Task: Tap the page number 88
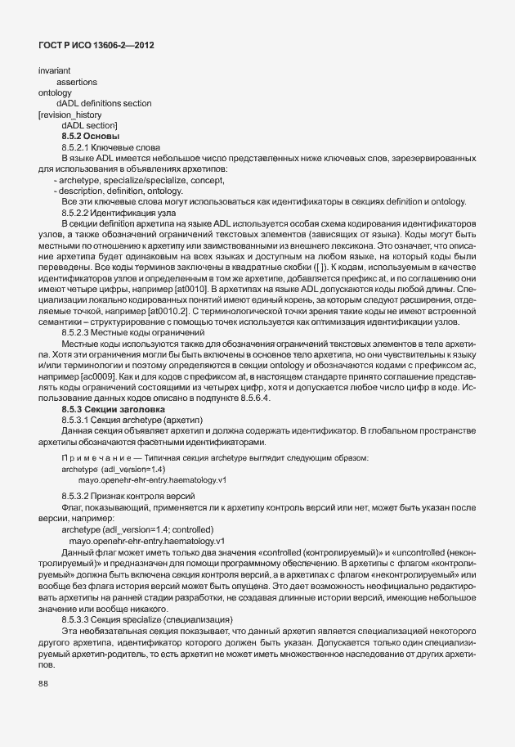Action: point(43,685)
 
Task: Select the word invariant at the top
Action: point(54,72)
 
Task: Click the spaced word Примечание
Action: point(96,457)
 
